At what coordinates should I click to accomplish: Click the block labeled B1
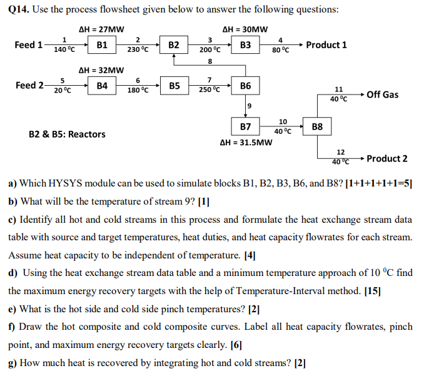(x=102, y=45)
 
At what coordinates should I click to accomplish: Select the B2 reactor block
(x=174, y=45)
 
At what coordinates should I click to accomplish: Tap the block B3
(x=245, y=45)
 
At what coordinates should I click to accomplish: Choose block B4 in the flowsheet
(x=102, y=86)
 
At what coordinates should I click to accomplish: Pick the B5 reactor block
(x=174, y=86)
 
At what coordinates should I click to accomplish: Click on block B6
(x=245, y=86)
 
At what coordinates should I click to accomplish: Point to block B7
(x=245, y=126)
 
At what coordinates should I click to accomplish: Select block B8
(x=317, y=126)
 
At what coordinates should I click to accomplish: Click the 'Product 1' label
(x=326, y=45)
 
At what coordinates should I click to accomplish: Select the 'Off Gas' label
(x=382, y=94)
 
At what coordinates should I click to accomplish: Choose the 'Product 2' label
(x=387, y=158)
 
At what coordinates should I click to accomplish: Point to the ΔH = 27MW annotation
(x=101, y=29)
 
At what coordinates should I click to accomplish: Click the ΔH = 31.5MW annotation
(x=246, y=143)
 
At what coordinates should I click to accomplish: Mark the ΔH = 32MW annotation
(x=101, y=70)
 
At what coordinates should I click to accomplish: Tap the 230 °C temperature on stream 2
(x=138, y=49)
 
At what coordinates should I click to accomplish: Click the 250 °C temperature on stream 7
(x=209, y=90)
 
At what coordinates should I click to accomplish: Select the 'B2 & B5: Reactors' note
(x=67, y=134)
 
